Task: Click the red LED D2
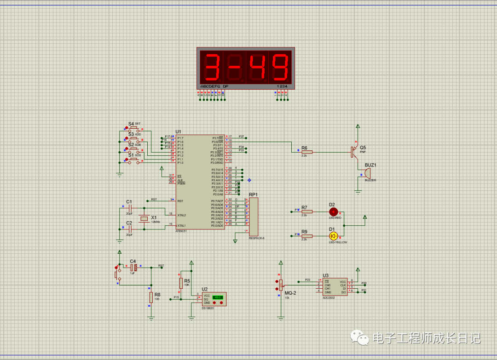(333, 211)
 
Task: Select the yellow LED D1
(333, 236)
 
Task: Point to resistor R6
(306, 152)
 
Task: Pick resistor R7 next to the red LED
(306, 211)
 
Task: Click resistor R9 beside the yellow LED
(306, 236)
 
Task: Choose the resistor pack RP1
(254, 216)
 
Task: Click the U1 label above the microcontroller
(178, 131)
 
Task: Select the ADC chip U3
(335, 287)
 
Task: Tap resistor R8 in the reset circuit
(150, 297)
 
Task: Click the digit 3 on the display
(213, 68)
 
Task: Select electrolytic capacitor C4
(133, 267)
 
